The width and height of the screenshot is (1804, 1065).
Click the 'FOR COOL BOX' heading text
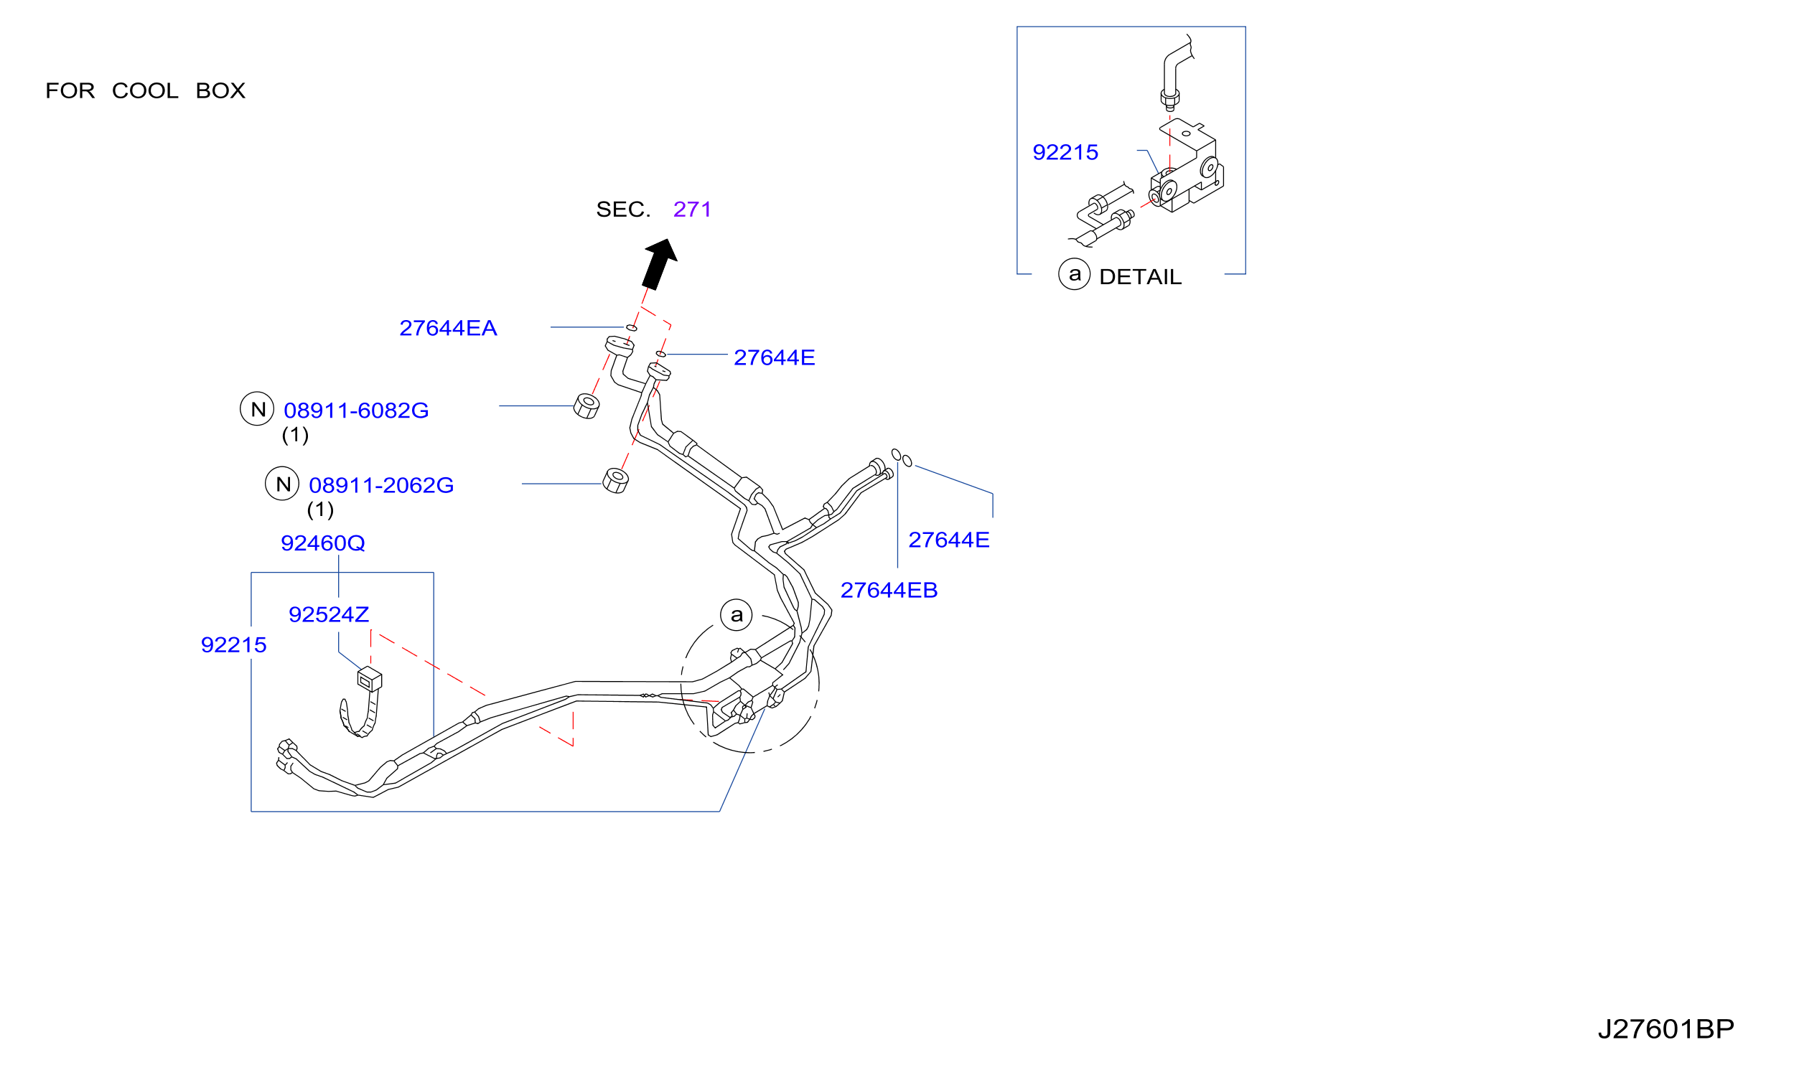(145, 91)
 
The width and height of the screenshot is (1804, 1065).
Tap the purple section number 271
(692, 210)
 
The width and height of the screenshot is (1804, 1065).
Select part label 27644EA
(448, 328)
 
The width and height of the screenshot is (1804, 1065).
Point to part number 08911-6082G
(356, 410)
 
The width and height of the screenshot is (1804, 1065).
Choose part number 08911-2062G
(381, 486)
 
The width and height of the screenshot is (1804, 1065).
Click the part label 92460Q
(323, 543)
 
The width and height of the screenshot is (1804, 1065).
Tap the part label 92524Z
(329, 615)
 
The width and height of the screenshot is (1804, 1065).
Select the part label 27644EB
(889, 591)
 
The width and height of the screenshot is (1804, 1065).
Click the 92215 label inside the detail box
(1065, 153)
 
